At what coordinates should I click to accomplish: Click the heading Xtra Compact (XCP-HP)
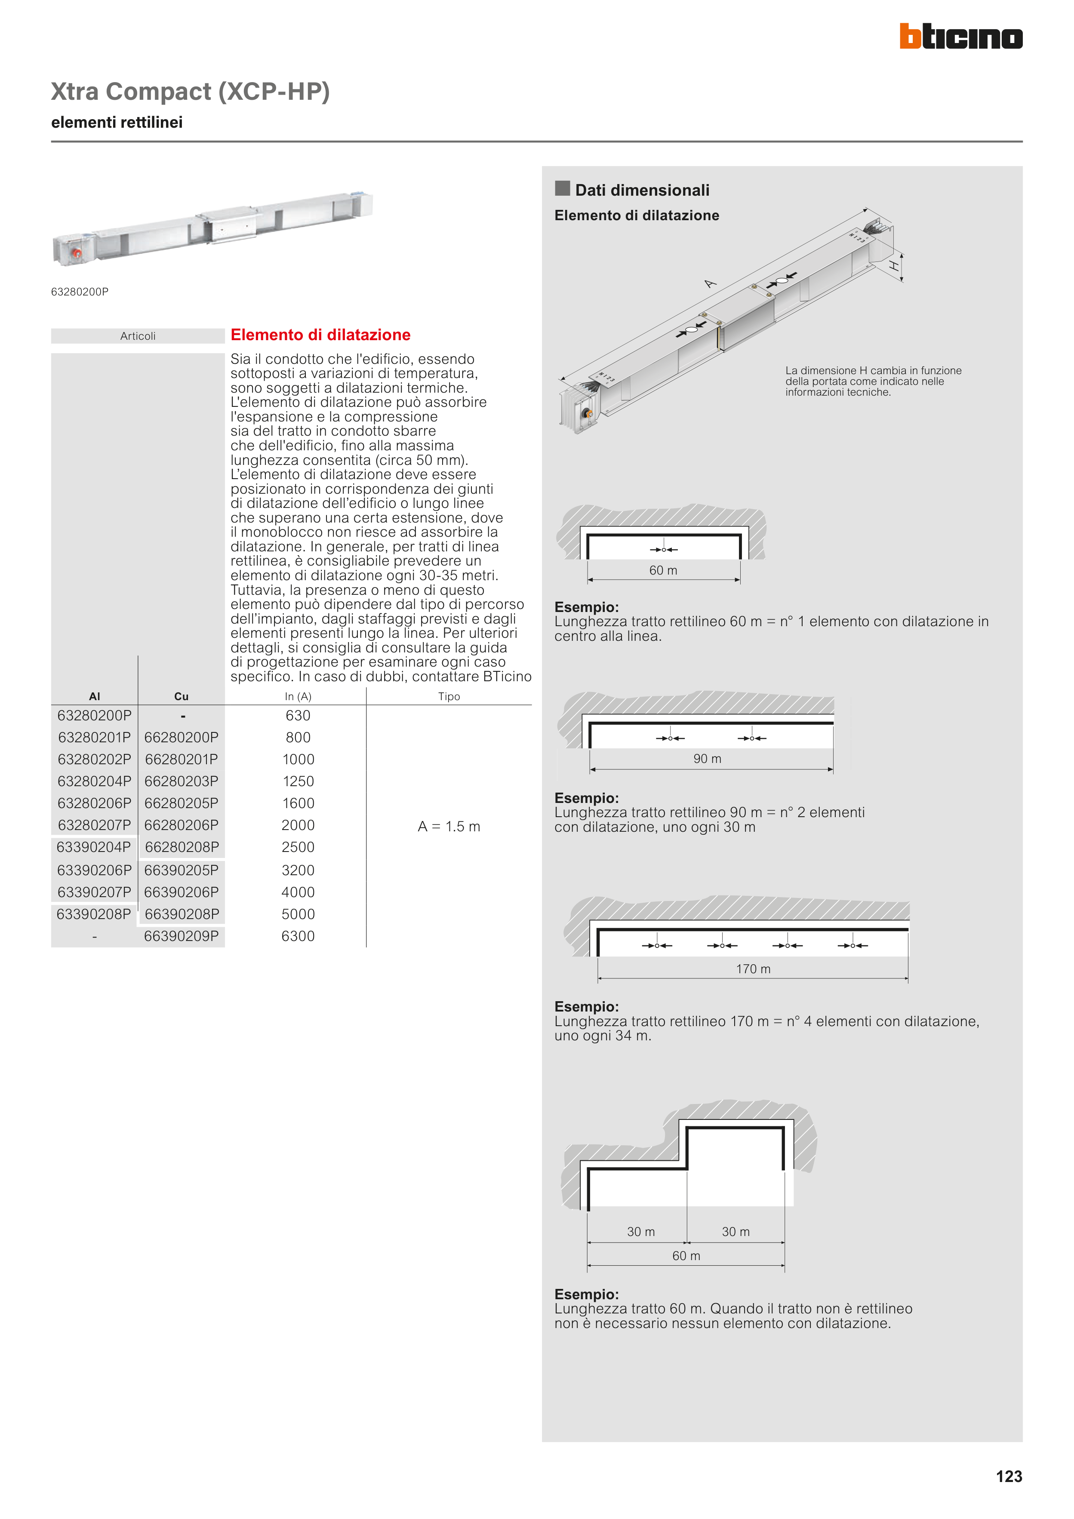(191, 91)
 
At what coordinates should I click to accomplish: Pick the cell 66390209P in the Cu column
(182, 936)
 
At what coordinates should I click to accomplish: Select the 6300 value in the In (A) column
(298, 936)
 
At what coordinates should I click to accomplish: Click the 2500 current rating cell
(298, 848)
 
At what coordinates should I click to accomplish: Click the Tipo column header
(449, 697)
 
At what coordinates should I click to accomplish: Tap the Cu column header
(182, 697)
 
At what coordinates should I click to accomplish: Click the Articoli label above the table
(138, 336)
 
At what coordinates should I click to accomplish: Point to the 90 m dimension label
(707, 759)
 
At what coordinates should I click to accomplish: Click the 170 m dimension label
(753, 969)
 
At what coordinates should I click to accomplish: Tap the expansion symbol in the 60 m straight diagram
(664, 549)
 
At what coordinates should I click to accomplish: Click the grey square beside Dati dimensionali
(563, 188)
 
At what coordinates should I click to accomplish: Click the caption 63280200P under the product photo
(80, 292)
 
